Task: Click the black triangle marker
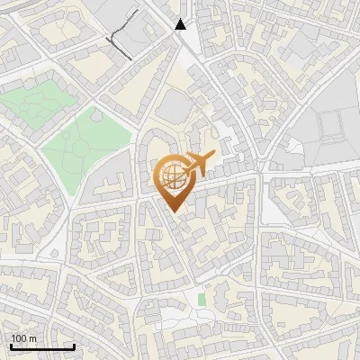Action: [x=181, y=24]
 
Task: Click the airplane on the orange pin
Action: [x=197, y=165]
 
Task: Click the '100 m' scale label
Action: [x=23, y=338]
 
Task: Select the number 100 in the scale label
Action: [x=19, y=338]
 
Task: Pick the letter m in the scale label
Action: [x=32, y=338]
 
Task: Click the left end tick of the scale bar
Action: [x=10, y=346]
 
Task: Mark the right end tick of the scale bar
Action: [x=74, y=346]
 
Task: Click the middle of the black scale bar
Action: [x=41, y=346]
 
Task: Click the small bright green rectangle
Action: [x=202, y=298]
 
